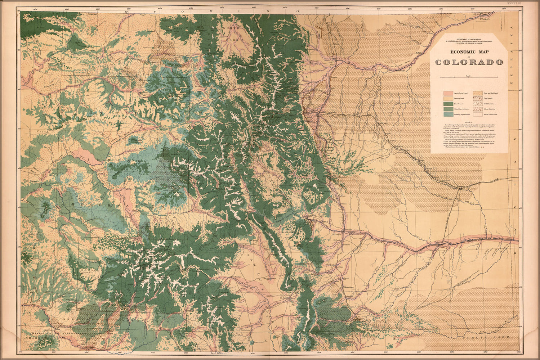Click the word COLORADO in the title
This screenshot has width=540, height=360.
tap(469, 62)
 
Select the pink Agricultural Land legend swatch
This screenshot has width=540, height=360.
tap(448, 93)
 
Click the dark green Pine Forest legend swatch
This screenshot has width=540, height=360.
tap(448, 103)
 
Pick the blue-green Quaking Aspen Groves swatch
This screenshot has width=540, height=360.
tap(448, 114)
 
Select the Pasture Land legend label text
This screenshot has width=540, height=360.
tap(459, 98)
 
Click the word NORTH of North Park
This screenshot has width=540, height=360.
tap(231, 28)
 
